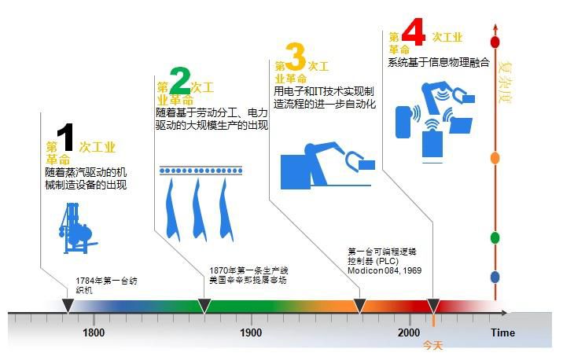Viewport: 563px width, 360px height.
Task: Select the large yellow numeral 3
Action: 295,57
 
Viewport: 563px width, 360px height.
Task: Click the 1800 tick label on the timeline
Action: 94,332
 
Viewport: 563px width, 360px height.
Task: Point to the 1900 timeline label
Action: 251,332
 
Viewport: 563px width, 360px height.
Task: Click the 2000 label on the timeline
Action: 409,332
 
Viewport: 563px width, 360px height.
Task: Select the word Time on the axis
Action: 503,332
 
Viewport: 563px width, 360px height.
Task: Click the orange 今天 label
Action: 433,345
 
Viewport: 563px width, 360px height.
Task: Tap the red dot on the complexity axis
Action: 495,41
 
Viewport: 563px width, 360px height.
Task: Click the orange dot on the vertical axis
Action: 495,158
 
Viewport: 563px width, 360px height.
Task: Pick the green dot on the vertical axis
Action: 495,237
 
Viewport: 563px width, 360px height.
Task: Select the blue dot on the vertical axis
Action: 495,277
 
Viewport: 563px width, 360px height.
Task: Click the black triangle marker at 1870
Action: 204,305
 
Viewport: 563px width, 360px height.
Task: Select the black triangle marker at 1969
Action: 360,305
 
